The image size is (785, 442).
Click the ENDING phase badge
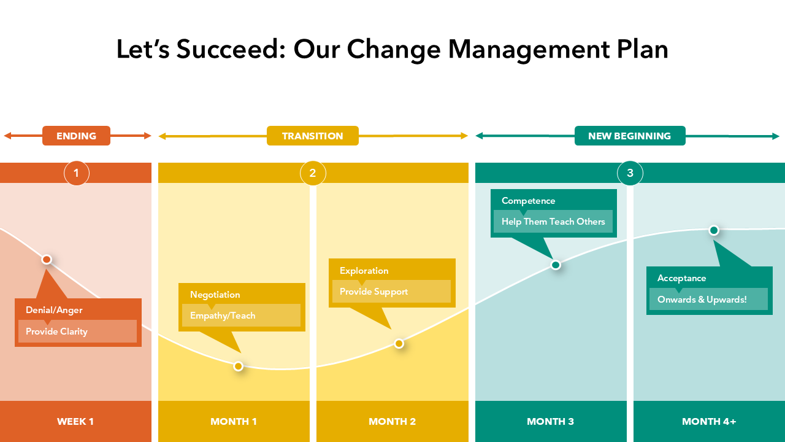pos(77,136)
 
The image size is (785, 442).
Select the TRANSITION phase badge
pos(313,136)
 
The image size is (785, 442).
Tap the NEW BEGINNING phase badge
pos(630,136)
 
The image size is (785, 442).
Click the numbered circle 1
pos(77,173)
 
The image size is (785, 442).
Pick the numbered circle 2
pos(313,173)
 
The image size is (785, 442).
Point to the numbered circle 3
pos(630,173)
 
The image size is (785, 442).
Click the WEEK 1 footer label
pos(75,421)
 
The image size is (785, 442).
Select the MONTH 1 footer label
pos(234,421)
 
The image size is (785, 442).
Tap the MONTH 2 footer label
pos(392,421)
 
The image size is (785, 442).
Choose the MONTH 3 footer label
pos(551,421)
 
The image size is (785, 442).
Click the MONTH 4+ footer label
pos(709,421)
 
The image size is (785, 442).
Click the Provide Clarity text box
pos(77,331)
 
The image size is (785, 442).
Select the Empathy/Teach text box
pos(241,316)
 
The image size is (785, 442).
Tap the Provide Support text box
pos(391,291)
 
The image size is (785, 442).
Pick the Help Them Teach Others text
pos(553,222)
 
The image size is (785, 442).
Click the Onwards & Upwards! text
pos(702,300)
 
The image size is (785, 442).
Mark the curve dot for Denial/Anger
pos(47,260)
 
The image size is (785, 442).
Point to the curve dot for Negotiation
pos(239,366)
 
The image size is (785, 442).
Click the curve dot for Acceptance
pos(714,230)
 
